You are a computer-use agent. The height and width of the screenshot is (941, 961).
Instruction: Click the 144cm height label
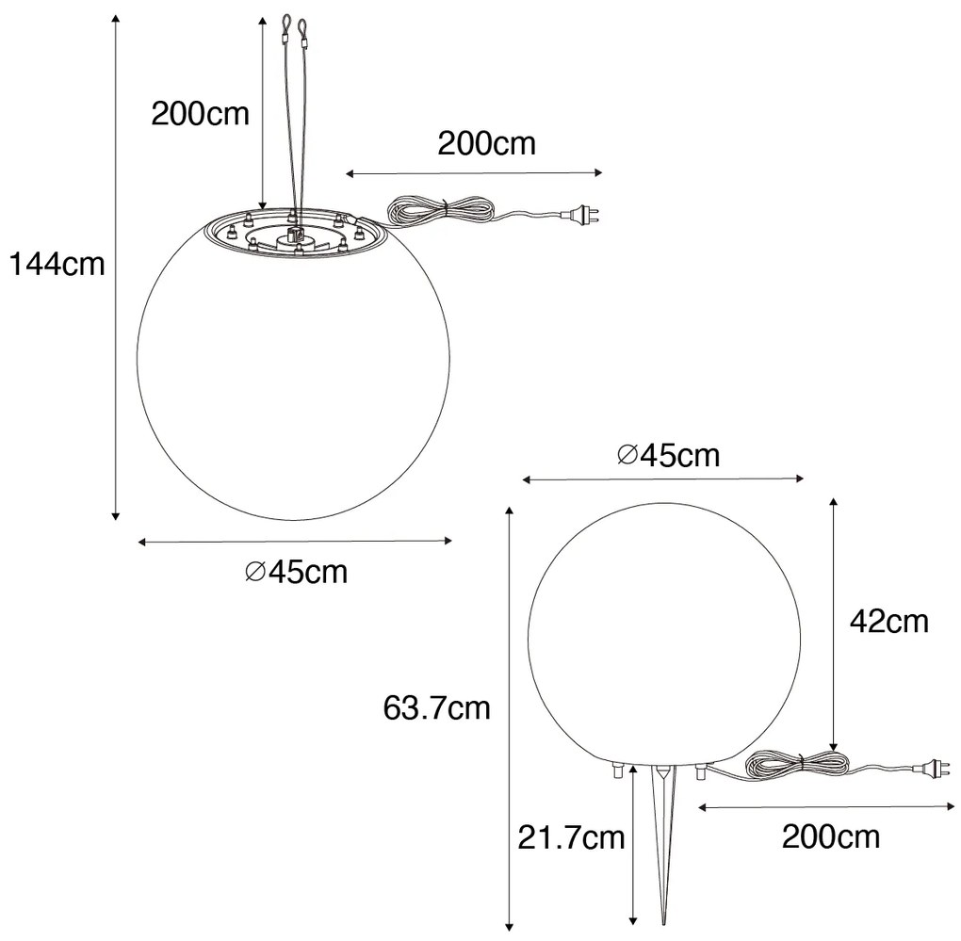point(57,266)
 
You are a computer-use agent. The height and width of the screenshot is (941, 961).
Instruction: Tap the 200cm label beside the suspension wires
point(201,114)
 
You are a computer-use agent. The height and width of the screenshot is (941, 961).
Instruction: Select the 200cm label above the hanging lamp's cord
point(486,143)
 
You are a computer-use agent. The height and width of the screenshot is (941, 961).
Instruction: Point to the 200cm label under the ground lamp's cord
point(831,836)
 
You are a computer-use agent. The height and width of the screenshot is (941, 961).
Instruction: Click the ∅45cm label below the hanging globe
point(296,571)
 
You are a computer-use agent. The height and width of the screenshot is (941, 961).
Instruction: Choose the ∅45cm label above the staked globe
point(668,456)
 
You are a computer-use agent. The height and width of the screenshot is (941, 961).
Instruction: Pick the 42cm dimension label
point(888,621)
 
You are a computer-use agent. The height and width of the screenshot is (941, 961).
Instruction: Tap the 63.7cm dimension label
point(437,706)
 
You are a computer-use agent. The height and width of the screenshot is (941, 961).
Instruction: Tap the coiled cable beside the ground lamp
point(787,765)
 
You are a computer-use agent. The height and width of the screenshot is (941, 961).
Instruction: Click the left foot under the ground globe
point(617,771)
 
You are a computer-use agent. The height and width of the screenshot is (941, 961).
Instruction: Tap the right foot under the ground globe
point(700,771)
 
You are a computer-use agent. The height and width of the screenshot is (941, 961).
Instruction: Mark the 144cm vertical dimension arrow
point(116,268)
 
